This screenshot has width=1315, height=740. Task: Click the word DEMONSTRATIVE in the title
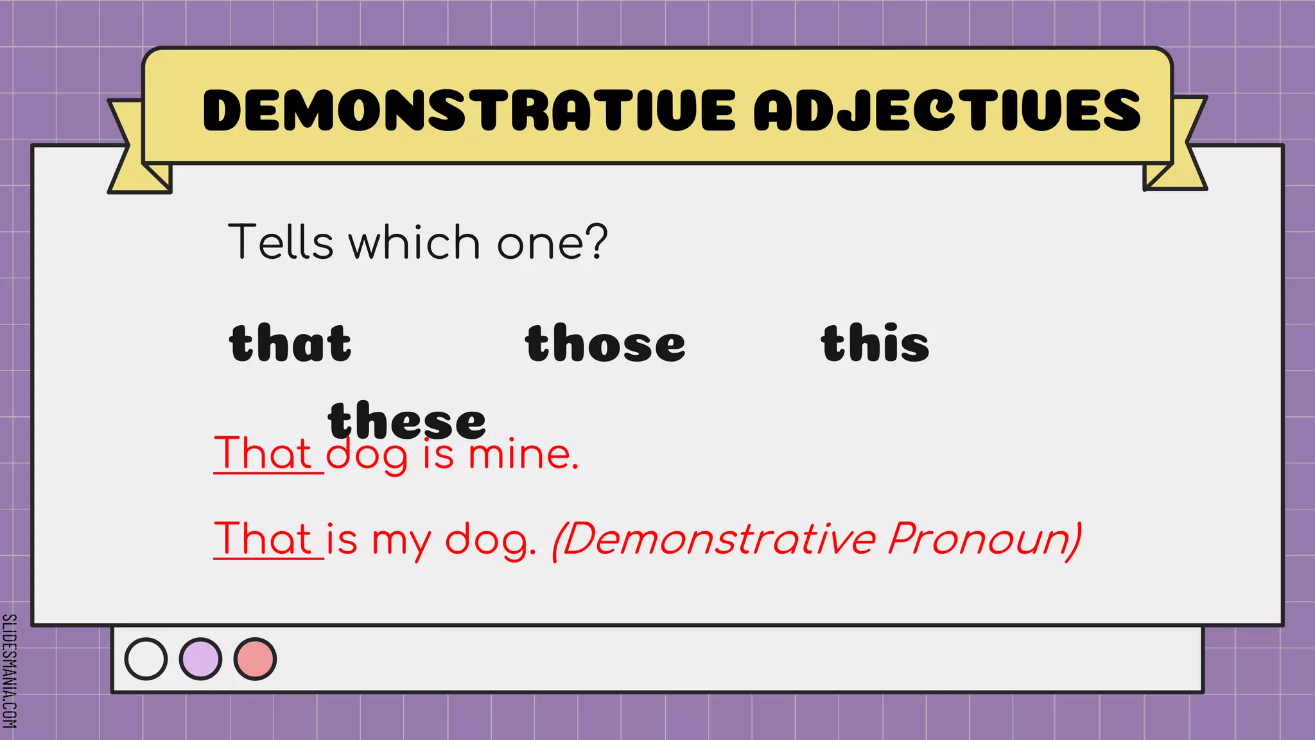(469, 110)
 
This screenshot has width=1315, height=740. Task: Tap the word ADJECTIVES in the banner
(948, 110)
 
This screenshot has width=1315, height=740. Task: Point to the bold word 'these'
(407, 420)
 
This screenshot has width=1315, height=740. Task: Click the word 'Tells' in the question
(281, 242)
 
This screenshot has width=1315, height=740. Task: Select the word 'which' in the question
(414, 242)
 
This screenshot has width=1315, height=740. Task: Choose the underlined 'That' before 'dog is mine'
(264, 454)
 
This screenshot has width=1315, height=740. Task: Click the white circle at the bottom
(146, 659)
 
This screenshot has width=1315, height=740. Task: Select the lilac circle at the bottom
(200, 659)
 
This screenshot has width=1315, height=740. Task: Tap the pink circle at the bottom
(255, 659)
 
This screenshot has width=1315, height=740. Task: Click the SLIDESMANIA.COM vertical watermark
(10, 671)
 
